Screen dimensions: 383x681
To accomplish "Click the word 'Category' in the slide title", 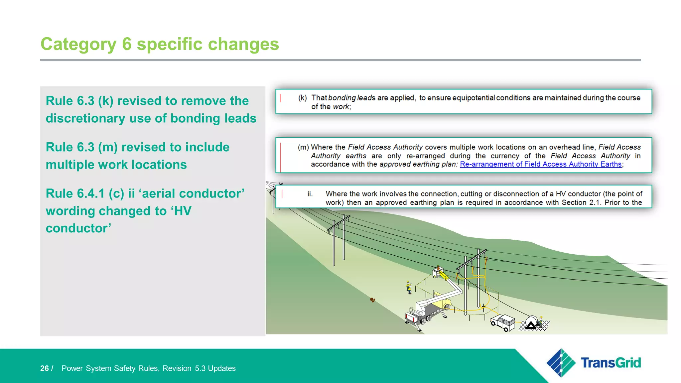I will (x=78, y=44).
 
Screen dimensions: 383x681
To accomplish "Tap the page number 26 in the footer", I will (x=44, y=368).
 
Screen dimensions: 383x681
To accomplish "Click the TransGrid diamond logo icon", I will (x=561, y=363).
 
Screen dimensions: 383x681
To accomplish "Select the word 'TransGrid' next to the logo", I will (x=611, y=363).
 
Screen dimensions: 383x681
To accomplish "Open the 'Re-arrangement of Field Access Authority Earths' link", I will (x=541, y=164).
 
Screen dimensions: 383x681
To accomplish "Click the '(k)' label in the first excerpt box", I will (x=302, y=98).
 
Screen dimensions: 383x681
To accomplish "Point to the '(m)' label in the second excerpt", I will (x=303, y=147).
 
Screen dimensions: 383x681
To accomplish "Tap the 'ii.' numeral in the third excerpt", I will (x=310, y=194).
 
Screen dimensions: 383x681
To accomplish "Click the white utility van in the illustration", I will (x=503, y=322).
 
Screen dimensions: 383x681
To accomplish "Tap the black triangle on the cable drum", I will (x=531, y=325).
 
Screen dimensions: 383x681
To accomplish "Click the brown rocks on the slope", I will (x=373, y=300).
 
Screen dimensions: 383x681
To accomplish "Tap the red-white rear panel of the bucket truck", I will (x=411, y=318).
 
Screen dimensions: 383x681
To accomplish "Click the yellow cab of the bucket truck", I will (x=445, y=303).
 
